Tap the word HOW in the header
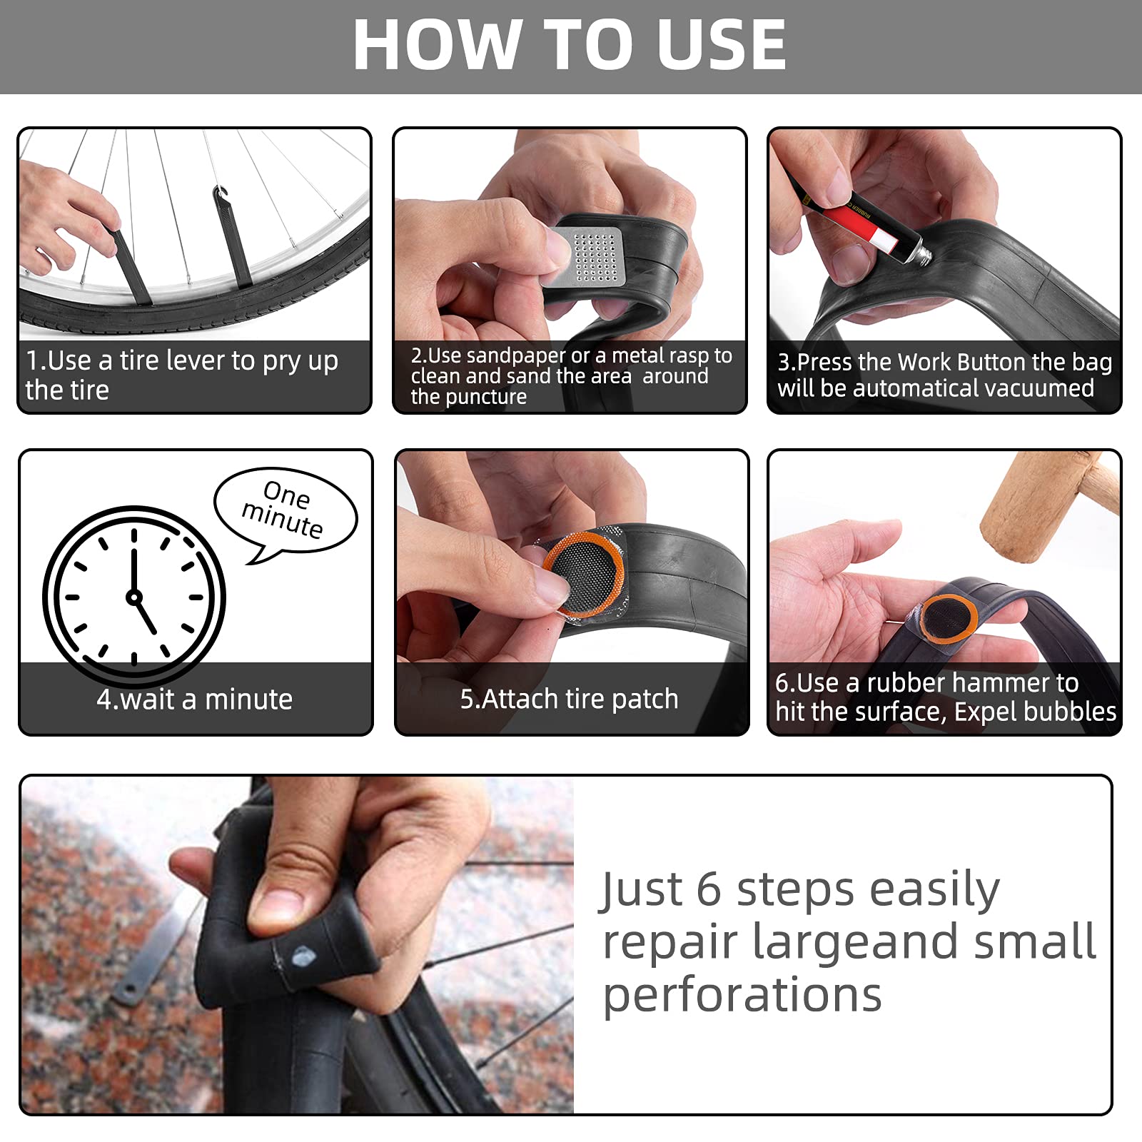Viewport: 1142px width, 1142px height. [x=436, y=45]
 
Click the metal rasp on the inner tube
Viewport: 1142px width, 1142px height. [x=584, y=256]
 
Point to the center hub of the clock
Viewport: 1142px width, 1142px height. [x=133, y=597]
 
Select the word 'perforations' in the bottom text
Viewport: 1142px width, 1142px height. [x=742, y=996]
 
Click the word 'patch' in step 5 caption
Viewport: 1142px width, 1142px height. [x=645, y=699]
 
